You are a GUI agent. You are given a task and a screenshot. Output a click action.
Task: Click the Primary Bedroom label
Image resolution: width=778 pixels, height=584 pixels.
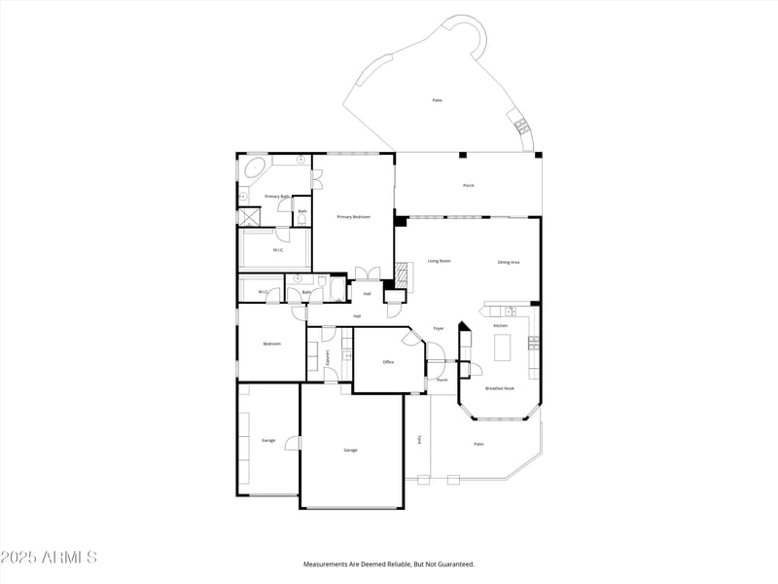point(354,217)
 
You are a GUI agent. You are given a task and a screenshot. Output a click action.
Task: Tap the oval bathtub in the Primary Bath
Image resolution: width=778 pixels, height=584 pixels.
point(257,168)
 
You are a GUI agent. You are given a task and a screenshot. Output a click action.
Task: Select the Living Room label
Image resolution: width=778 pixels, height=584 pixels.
point(439,261)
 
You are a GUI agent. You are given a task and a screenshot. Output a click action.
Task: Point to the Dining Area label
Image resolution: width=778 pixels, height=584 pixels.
point(509,262)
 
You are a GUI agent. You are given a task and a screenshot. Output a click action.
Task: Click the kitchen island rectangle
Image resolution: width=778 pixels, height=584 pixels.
point(503,347)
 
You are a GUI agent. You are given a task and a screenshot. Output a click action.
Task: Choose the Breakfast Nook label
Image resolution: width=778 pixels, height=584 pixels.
point(500,388)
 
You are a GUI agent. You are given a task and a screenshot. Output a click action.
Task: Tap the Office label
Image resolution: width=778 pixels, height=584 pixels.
point(388,362)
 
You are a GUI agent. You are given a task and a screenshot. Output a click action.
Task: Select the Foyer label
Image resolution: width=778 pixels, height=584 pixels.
point(439,328)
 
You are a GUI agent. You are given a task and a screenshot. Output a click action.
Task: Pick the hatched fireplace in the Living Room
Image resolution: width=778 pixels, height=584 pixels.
point(402,274)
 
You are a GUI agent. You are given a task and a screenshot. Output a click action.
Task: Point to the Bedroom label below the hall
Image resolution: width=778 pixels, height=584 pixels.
point(272,344)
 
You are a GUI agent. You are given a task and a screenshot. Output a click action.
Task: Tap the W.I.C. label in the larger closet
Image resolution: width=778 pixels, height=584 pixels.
point(278,250)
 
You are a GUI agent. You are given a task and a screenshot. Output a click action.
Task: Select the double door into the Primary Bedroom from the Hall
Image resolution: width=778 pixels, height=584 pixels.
point(367,274)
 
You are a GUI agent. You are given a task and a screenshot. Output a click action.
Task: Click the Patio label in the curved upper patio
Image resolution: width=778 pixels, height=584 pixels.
point(438,100)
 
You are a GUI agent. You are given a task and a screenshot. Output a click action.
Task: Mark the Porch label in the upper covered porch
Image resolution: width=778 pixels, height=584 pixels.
point(469,185)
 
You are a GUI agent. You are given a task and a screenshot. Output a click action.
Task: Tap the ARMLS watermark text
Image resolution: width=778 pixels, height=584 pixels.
point(49,558)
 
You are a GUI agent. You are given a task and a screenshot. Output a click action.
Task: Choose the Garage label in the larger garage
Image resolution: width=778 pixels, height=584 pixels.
point(350,450)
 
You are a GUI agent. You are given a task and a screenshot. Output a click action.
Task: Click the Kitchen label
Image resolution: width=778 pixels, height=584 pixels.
point(500,325)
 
